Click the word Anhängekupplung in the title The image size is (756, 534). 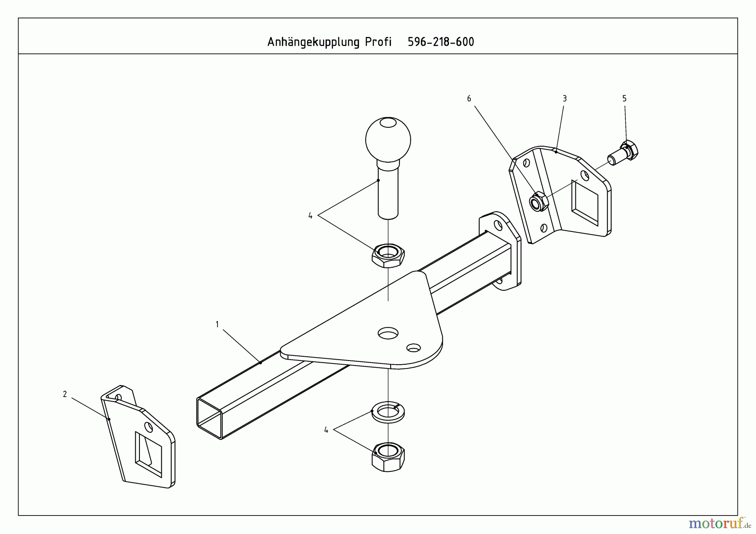point(313,42)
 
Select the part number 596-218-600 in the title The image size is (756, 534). point(441,42)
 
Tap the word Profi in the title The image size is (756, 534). point(378,42)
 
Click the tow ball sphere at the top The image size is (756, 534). point(388,139)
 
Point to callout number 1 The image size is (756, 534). point(217,324)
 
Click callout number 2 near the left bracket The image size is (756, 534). point(65,394)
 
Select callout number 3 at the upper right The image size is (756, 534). point(564,99)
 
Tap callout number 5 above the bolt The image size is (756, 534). point(624,99)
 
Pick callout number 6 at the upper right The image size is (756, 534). point(469,99)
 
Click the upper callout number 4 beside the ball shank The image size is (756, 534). point(310,216)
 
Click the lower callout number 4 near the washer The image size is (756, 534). point(326,430)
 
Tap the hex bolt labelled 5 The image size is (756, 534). point(625,153)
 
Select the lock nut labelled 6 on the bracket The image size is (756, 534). point(538,202)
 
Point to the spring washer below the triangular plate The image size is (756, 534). point(388,411)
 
